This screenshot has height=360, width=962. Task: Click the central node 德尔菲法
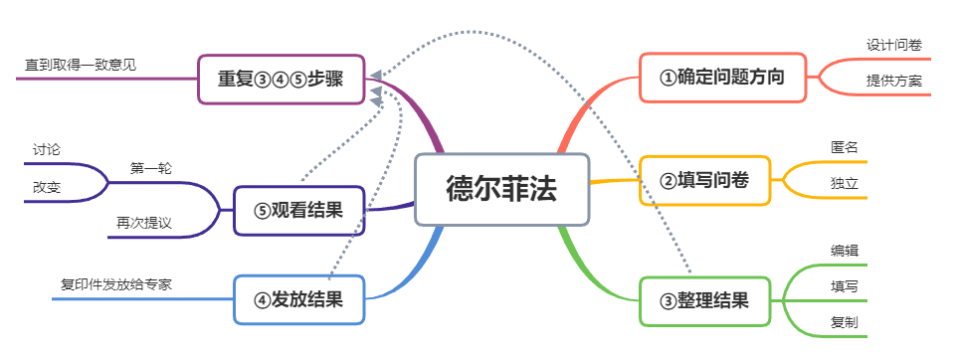tap(501, 189)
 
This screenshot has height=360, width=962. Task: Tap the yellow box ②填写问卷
tap(704, 180)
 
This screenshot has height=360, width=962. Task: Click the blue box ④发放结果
tap(299, 299)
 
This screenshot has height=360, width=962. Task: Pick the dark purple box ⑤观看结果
tap(299, 210)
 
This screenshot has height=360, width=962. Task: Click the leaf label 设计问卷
tap(893, 45)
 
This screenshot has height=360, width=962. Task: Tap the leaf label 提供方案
tap(893, 81)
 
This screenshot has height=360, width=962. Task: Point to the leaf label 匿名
tap(844, 147)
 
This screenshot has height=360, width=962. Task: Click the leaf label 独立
tap(844, 184)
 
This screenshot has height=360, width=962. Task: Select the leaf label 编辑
tap(844, 250)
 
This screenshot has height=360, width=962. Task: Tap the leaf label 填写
tap(844, 286)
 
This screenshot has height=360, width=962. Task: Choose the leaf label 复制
tap(844, 322)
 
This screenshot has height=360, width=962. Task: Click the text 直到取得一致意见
tap(81, 65)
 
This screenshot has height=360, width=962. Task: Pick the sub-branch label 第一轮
tap(150, 168)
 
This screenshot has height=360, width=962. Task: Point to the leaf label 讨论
tap(47, 149)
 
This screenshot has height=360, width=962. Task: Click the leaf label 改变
tap(47, 186)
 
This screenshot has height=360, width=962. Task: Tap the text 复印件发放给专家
tap(116, 284)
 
